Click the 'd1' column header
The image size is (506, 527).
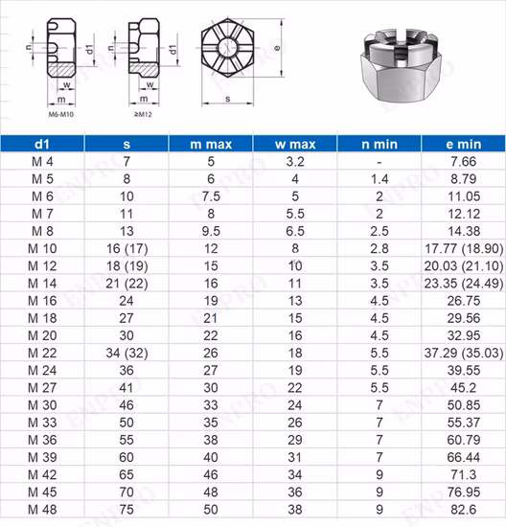click(x=42, y=144)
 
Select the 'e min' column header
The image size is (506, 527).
click(x=463, y=144)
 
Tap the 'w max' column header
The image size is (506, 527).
click(x=295, y=144)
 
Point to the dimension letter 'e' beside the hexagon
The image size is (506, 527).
click(x=277, y=46)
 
